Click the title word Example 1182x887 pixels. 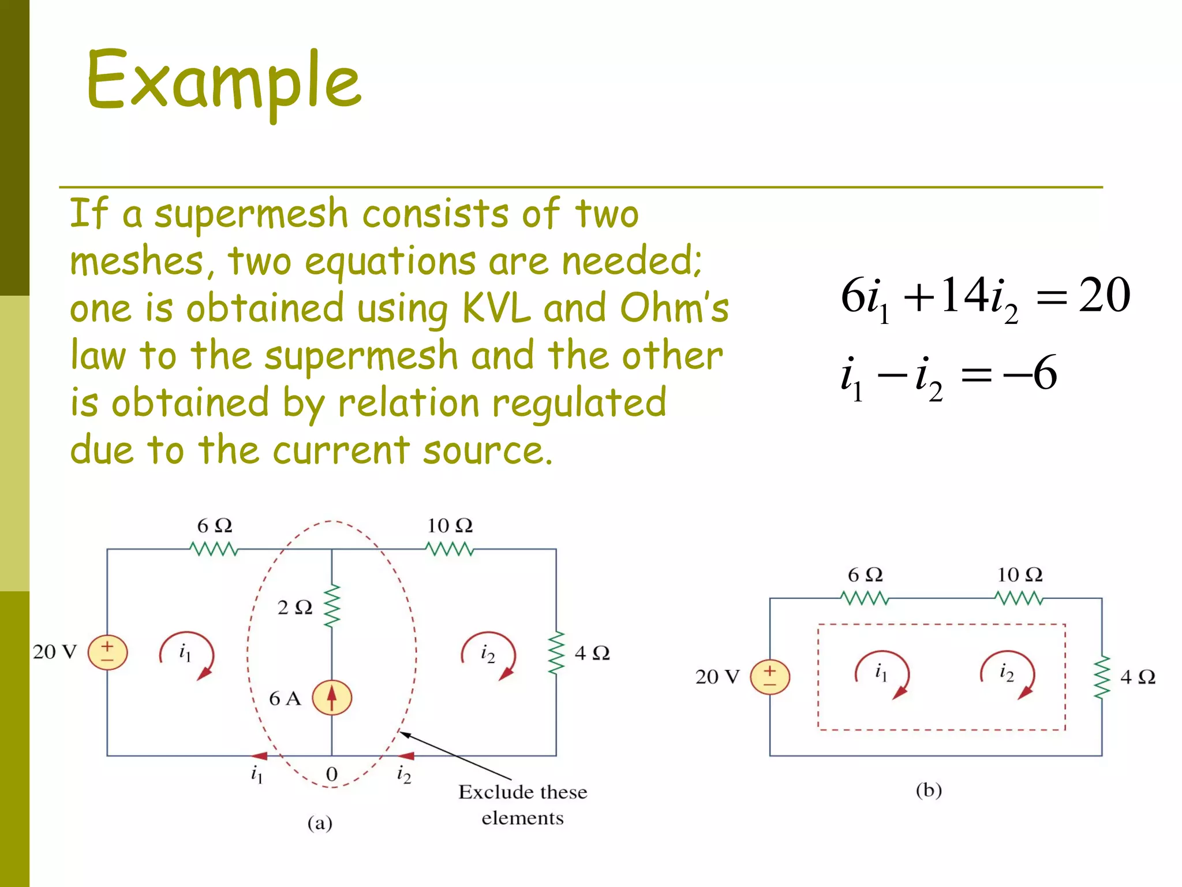(x=224, y=81)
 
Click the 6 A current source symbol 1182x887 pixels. (x=331, y=698)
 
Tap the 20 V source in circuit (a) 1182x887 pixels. (x=107, y=653)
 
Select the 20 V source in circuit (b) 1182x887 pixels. (x=769, y=677)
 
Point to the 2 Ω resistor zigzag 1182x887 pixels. (x=332, y=606)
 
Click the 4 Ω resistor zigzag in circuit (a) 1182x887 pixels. (x=556, y=653)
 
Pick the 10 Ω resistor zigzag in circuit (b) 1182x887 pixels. (x=1019, y=598)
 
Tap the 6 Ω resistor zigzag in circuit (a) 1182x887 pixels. (x=214, y=549)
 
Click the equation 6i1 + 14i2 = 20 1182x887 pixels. (x=985, y=297)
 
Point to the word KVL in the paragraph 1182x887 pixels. (x=496, y=309)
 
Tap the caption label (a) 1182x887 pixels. (x=320, y=823)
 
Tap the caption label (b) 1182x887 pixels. (x=929, y=789)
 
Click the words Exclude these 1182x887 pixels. (x=522, y=792)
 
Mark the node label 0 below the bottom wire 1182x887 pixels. (x=331, y=774)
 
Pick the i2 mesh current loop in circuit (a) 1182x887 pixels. (x=488, y=655)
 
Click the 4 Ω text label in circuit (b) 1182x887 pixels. (x=1138, y=677)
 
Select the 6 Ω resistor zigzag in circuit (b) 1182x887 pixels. (x=865, y=598)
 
